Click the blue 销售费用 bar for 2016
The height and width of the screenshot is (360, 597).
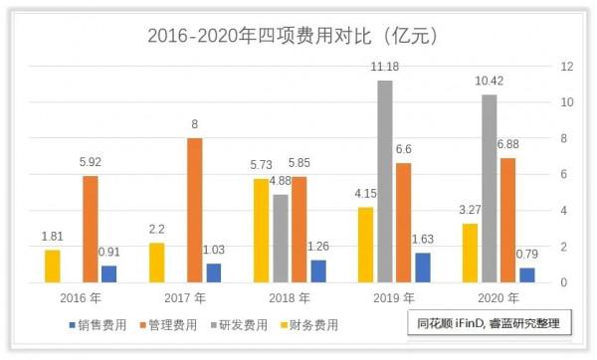108,273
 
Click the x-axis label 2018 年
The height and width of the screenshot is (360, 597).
252,298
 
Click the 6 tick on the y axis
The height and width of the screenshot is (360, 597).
564,174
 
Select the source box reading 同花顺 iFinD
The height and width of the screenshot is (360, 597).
490,324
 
